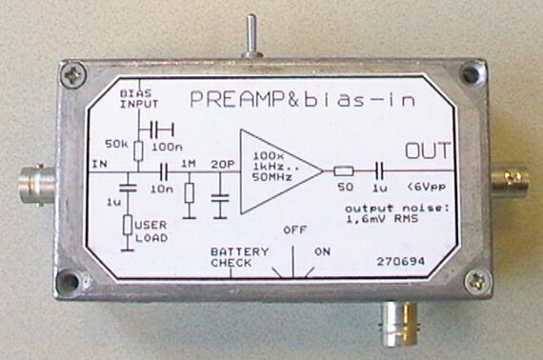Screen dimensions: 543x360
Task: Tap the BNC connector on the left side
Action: (x=37, y=186)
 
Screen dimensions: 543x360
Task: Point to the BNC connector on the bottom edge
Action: (x=401, y=323)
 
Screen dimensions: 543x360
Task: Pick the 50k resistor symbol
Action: (x=138, y=150)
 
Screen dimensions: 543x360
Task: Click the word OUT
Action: (x=428, y=150)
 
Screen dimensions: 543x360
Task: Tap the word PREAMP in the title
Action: (x=238, y=99)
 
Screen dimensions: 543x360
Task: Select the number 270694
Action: (x=400, y=261)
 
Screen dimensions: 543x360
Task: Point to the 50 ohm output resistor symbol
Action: (x=344, y=171)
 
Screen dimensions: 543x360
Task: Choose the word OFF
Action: (x=294, y=230)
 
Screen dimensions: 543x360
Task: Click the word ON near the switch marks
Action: (x=322, y=251)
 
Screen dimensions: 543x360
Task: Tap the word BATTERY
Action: (x=240, y=251)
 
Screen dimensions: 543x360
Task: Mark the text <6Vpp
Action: (x=427, y=188)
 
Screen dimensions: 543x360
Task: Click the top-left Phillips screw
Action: (x=73, y=75)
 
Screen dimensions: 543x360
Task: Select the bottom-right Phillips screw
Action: (x=478, y=281)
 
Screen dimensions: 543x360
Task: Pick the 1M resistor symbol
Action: (x=190, y=192)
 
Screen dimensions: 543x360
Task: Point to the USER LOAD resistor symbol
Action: (x=128, y=225)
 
